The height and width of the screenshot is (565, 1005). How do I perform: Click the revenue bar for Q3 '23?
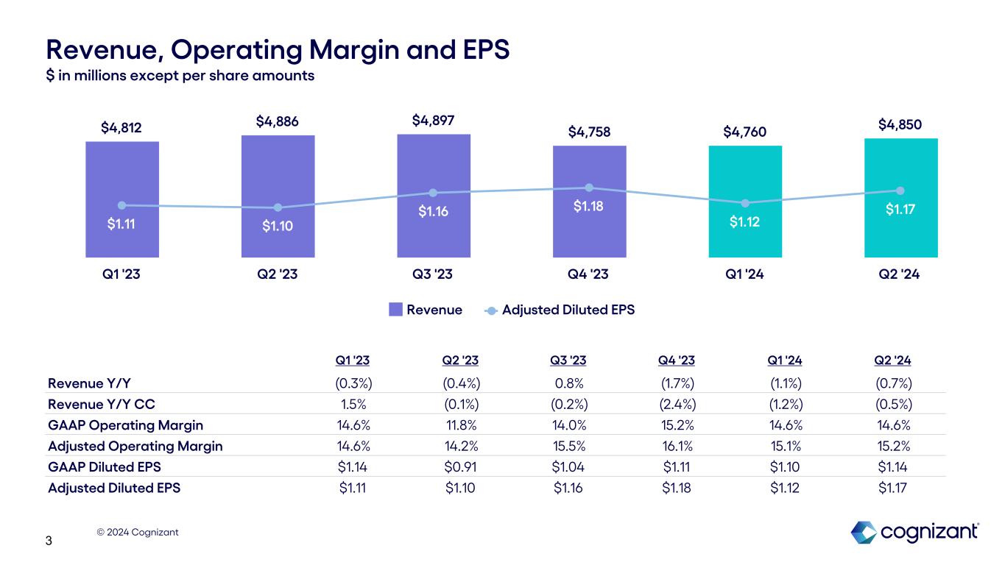434,235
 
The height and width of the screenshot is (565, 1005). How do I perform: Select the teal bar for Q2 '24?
900,235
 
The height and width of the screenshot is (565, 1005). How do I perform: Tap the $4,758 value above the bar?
589,132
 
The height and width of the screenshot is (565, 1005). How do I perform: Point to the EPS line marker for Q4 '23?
589,188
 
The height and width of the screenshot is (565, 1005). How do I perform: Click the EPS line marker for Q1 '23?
122,205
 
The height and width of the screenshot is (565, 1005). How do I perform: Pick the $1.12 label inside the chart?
745,221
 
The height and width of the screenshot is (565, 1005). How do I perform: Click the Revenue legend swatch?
396,310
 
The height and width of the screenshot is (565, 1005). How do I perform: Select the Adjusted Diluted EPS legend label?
568,310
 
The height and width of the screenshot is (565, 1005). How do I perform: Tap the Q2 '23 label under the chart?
278,274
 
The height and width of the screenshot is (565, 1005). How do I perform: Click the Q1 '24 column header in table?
785,360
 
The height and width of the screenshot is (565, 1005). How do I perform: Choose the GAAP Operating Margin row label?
125,425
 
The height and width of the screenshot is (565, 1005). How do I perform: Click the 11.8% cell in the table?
461,425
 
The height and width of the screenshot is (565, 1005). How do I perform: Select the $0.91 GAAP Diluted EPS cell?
461,466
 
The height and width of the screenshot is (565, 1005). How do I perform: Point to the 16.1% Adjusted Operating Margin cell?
677,446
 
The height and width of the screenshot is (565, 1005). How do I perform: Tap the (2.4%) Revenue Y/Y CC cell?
677,404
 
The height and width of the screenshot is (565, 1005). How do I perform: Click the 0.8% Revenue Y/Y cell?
568,383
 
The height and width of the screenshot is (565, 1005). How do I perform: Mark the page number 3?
49,542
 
